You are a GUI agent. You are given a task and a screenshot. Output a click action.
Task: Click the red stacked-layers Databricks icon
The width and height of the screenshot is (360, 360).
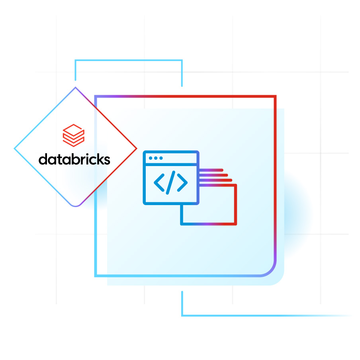tap(73, 135)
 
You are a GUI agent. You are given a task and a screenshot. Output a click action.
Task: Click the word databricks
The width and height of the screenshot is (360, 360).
tap(74, 159)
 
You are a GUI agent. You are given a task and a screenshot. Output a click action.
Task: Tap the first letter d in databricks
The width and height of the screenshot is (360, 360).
tap(43, 159)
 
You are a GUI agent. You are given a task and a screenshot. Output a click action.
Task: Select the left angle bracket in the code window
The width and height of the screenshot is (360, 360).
tap(159, 182)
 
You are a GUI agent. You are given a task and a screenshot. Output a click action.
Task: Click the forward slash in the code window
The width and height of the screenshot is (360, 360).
tap(170, 182)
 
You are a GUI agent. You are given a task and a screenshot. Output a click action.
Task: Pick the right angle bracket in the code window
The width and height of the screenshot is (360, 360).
tap(182, 182)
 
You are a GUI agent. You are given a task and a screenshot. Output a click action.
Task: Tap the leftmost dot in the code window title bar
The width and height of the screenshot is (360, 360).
tap(151, 158)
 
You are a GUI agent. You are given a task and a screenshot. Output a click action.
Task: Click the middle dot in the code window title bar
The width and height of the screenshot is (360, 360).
tap(156, 158)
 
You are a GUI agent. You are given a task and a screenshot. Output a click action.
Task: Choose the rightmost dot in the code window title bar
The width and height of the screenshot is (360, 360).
tap(161, 158)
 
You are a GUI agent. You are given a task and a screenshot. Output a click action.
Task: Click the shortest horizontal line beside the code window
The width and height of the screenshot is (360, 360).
tap(211, 170)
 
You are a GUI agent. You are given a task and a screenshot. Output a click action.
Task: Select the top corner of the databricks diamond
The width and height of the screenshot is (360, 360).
tap(75, 87)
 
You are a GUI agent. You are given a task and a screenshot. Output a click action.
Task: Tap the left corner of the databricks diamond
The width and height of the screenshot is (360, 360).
tap(15, 149)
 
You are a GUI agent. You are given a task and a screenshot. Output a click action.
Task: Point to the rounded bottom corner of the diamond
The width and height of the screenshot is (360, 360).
tap(75, 206)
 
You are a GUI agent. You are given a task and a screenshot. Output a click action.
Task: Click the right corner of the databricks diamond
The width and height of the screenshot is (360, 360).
tap(137, 149)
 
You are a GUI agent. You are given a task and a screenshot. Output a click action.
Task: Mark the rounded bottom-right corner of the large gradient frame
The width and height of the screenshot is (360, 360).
tap(271, 271)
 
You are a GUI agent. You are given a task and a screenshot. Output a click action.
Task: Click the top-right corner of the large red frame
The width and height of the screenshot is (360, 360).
tap(275, 96)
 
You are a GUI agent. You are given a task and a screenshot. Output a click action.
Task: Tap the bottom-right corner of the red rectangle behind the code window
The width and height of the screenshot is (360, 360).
tap(236, 224)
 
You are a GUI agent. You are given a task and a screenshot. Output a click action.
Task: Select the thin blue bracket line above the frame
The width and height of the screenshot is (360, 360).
tap(129, 61)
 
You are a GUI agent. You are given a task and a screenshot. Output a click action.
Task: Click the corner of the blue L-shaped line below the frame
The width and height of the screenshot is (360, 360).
tap(182, 315)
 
